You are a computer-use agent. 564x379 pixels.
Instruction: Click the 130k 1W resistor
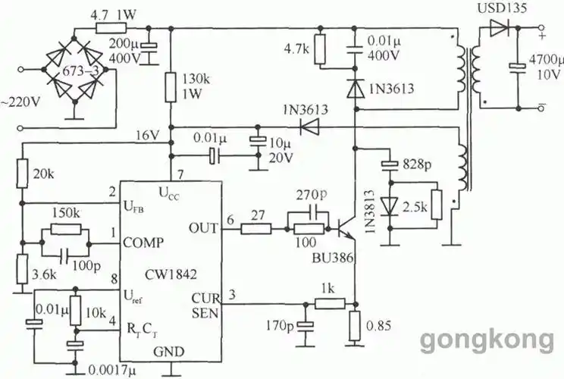[172, 85]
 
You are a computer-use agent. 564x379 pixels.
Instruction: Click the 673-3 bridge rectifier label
[73, 71]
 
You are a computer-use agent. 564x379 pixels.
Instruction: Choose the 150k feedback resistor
[67, 229]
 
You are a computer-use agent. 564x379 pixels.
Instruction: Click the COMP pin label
[144, 243]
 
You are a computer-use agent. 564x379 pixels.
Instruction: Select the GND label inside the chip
[171, 352]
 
